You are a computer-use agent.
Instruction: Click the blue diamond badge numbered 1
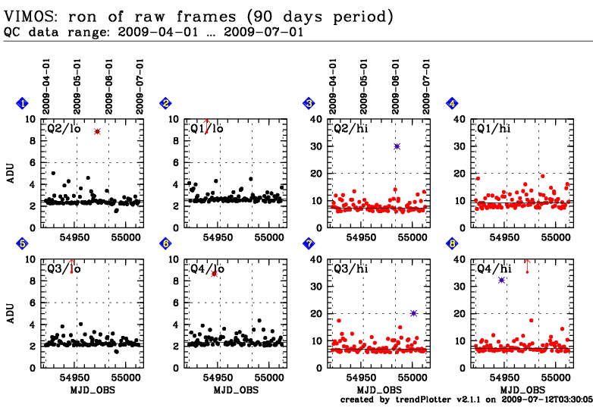pos(22,103)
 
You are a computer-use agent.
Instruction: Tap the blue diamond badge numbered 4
pos(452,103)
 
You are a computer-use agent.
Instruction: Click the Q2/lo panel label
pos(60,128)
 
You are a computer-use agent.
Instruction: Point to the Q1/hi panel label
pos(493,128)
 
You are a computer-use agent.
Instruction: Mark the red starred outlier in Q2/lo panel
pos(97,131)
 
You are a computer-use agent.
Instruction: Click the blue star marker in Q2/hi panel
pos(397,146)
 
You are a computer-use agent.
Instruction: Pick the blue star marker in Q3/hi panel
pos(413,313)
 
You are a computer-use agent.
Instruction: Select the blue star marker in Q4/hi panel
pos(501,280)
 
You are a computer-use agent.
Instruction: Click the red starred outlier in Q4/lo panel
pos(215,273)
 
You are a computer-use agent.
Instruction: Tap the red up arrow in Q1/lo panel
pos(206,125)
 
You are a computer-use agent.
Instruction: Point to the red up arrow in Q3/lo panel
pos(71,265)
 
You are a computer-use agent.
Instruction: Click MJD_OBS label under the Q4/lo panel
pos(235,389)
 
